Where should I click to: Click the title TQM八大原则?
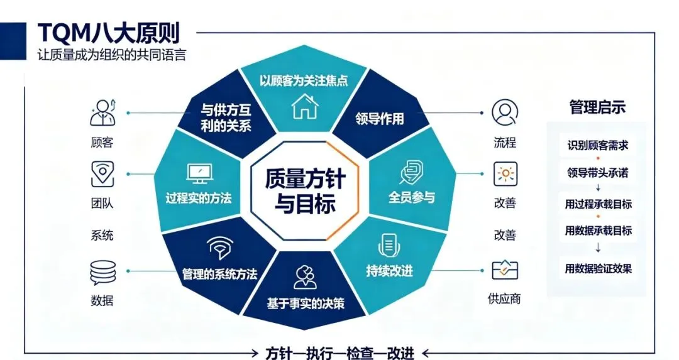(108, 33)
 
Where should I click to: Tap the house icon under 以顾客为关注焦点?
(305, 106)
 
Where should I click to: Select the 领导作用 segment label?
(379, 118)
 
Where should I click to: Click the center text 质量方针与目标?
(305, 191)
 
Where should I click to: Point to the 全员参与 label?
(411, 197)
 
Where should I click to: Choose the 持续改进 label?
(389, 271)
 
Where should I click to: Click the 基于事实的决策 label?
(306, 303)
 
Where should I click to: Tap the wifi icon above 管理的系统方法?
(219, 247)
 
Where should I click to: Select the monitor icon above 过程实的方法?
(199, 174)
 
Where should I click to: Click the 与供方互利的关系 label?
(226, 117)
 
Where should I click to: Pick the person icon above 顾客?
(102, 112)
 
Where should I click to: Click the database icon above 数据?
(102, 272)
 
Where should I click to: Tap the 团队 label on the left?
(102, 203)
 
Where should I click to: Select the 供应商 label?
(504, 298)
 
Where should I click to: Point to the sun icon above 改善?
(505, 174)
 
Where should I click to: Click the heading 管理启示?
(597, 107)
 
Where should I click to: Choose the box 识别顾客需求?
(598, 145)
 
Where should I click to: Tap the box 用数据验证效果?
(598, 268)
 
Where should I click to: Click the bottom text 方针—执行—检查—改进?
(340, 353)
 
